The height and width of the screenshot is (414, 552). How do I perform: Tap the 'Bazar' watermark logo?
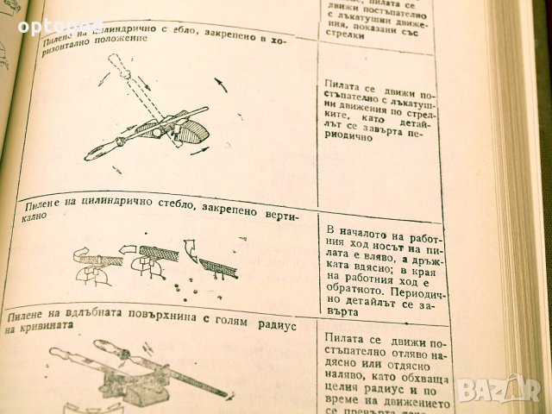pos(498,390)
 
